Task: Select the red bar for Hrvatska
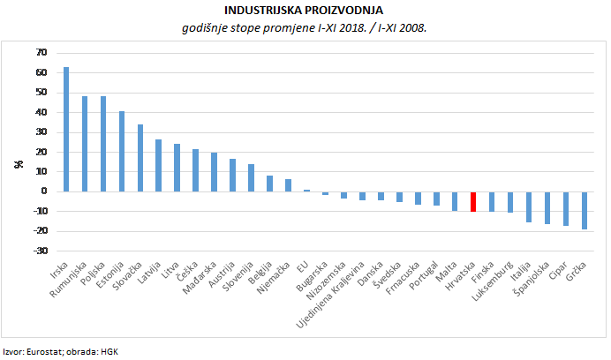[472, 201]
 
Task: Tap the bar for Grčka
[584, 210]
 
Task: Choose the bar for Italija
[528, 206]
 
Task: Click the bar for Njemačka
[288, 185]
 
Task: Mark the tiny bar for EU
[306, 190]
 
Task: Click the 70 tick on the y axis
[41, 53]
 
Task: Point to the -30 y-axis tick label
[39, 251]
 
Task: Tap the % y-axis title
[17, 164]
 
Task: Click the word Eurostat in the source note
[44, 350]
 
